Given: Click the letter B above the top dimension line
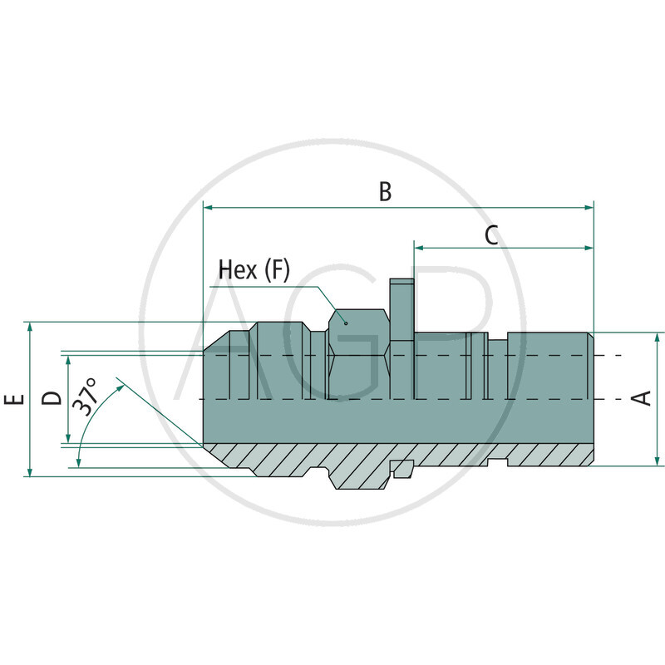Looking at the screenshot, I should pyautogui.click(x=385, y=191).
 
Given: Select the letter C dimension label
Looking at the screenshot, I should pyautogui.click(x=491, y=235).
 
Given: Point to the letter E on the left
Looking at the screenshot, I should pyautogui.click(x=13, y=400).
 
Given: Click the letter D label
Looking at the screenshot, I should pyautogui.click(x=52, y=398).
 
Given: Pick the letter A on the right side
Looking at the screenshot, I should pyautogui.click(x=641, y=399).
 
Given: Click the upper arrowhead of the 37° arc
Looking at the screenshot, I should pyautogui.click(x=121, y=385).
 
